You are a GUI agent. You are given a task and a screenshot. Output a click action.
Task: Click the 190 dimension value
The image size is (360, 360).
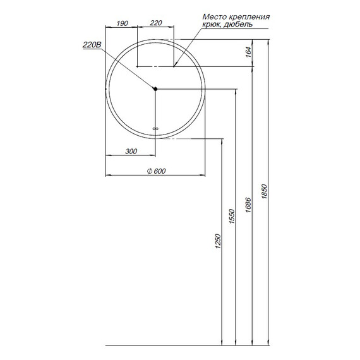(x=122, y=23)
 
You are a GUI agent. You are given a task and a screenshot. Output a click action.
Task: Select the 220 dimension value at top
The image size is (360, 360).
(x=156, y=23)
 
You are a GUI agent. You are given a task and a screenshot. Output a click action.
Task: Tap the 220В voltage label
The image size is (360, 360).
(x=92, y=45)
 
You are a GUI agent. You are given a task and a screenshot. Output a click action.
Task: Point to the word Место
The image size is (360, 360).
(x=214, y=17)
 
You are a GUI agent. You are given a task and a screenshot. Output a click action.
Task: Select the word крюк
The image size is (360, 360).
(x=212, y=25)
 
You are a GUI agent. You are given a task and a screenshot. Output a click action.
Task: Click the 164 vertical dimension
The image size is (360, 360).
(x=248, y=52)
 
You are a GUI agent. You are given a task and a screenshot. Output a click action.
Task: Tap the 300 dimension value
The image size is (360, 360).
(x=131, y=152)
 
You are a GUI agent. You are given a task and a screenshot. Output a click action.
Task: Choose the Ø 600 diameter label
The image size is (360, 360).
(x=156, y=171)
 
